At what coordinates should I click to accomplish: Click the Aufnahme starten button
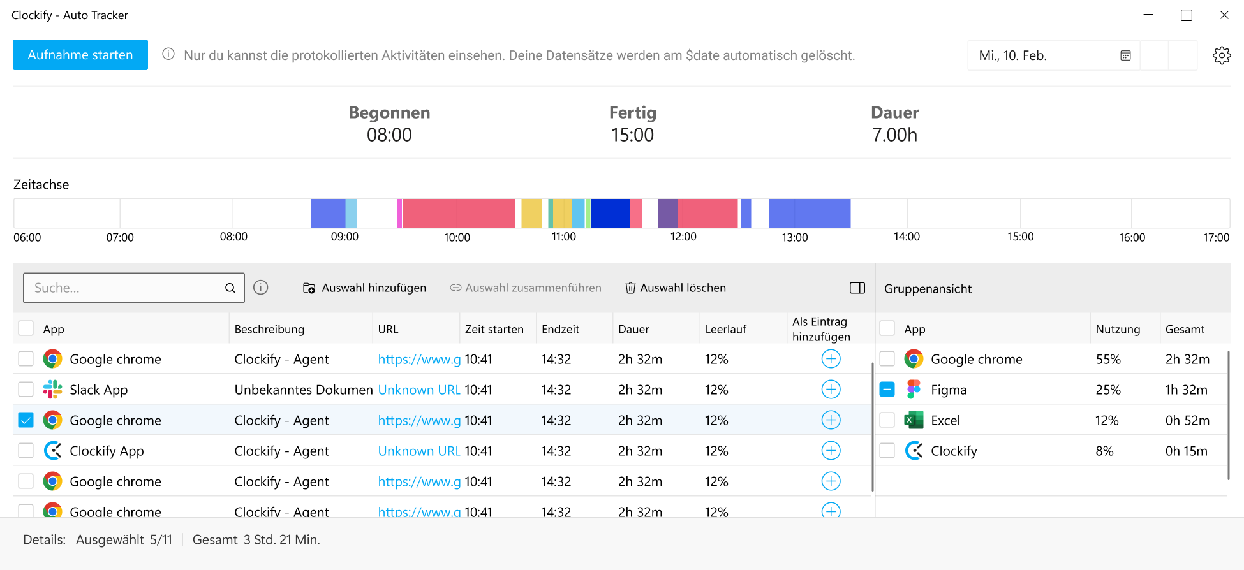[x=80, y=55]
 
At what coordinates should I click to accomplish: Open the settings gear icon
[x=1221, y=55]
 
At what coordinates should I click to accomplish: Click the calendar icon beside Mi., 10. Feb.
[x=1125, y=55]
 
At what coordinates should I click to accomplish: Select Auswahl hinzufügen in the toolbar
[x=364, y=288]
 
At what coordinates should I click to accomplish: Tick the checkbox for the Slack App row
[x=26, y=390]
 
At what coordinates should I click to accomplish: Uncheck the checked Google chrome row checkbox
[x=26, y=420]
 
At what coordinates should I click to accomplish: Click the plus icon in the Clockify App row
[x=831, y=451]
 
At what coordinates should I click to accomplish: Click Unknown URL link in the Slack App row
[x=419, y=390]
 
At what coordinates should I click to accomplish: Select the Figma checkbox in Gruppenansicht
[x=887, y=390]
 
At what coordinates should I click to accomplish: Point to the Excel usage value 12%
[x=1107, y=420]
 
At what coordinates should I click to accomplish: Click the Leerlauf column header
[x=725, y=329]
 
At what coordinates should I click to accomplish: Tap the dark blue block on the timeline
[x=610, y=213]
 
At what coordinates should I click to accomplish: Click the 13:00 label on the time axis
[x=794, y=237]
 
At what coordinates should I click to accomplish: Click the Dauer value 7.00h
[x=894, y=135]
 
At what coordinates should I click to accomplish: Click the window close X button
[x=1224, y=15]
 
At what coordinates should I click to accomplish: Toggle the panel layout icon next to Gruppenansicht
[x=857, y=288]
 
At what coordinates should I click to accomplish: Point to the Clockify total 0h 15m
[x=1186, y=451]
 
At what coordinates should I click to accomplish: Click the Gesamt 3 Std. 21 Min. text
[x=256, y=539]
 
